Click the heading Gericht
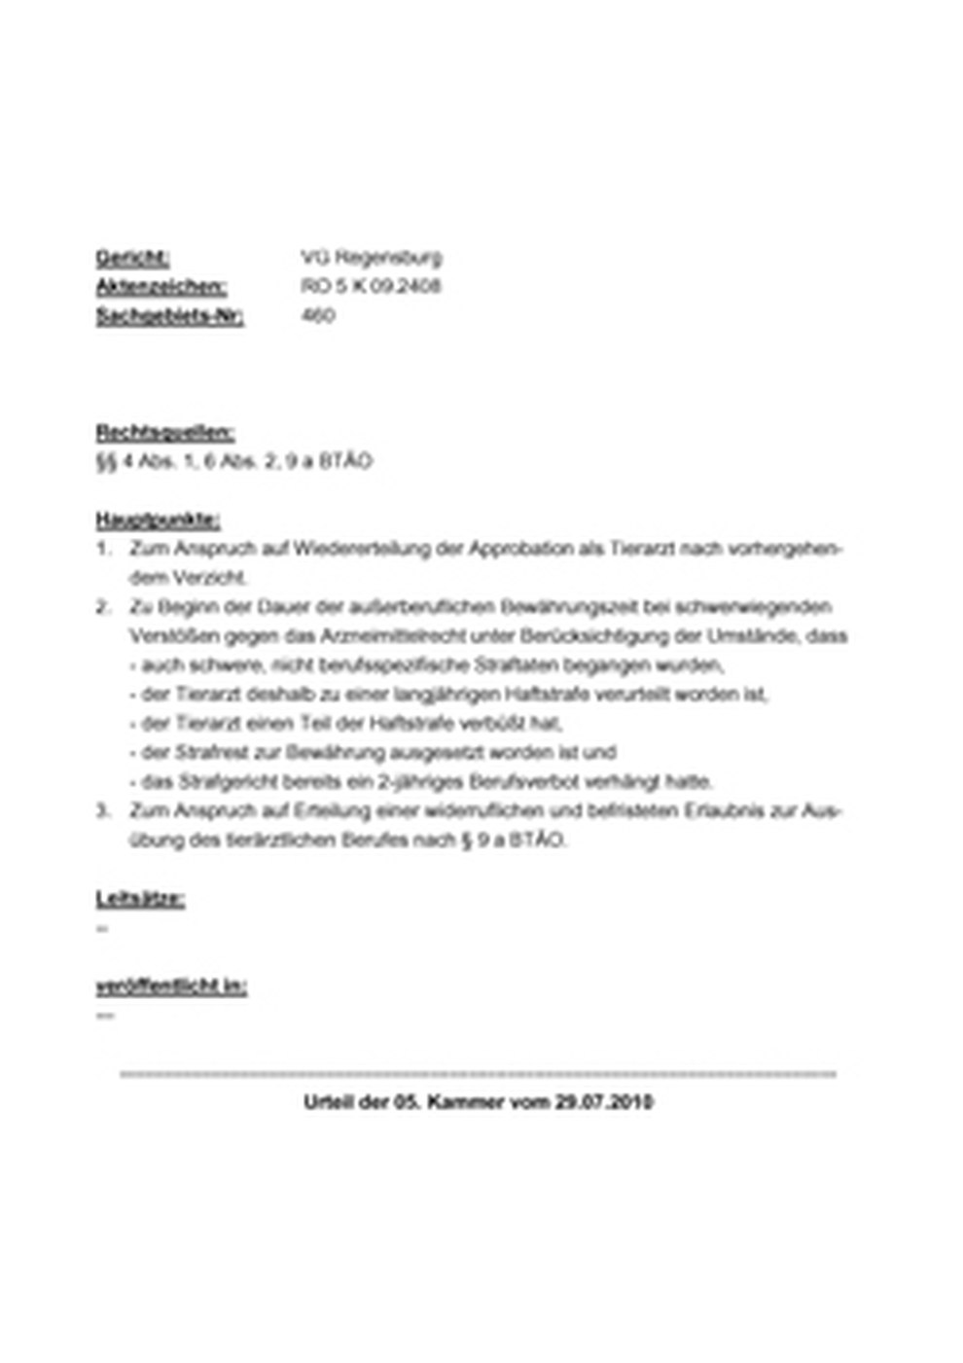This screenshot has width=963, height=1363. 132,258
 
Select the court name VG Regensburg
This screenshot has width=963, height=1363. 371,258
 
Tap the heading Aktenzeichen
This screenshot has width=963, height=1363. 161,287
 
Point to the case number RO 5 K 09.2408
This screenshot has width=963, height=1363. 371,287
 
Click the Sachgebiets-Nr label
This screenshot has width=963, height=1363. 169,316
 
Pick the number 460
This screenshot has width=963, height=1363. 318,316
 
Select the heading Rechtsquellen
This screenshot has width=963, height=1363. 164,433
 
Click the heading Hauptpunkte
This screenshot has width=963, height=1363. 158,520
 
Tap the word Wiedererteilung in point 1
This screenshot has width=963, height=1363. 364,549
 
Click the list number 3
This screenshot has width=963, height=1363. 102,810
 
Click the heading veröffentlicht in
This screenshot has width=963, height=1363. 171,986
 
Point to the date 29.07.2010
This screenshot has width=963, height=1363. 604,1102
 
